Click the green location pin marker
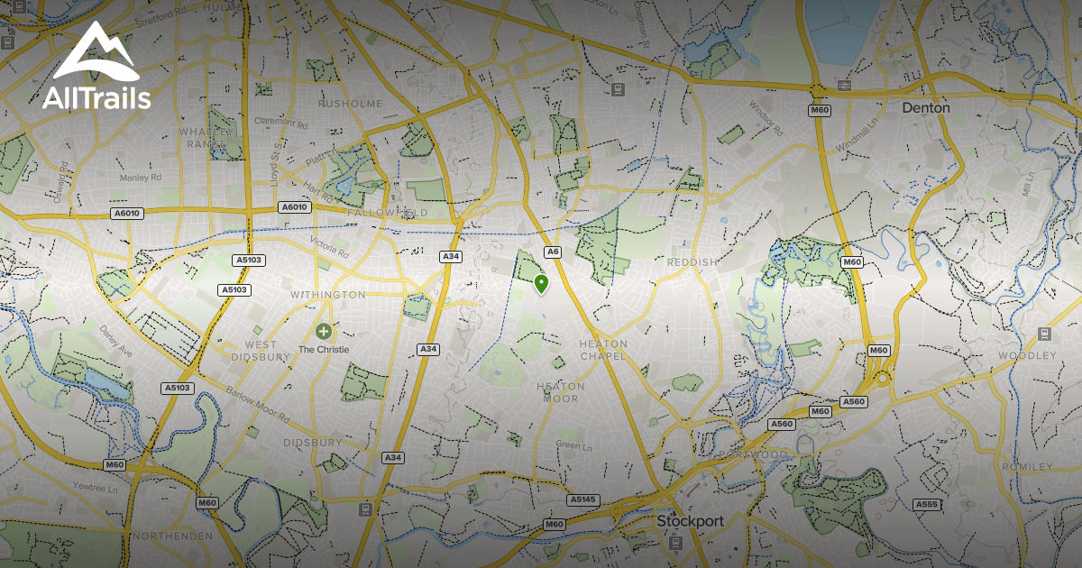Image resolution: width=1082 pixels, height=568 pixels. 541,284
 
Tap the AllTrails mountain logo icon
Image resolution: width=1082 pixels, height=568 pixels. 95,56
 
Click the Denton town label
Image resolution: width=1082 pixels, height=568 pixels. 926,107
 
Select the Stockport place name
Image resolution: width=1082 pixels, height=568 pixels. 690,521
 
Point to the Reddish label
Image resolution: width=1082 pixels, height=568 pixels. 692,262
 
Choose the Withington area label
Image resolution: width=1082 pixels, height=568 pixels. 327,295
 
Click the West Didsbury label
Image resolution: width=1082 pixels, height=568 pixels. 261,351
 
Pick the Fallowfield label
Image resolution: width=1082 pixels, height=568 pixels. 388,213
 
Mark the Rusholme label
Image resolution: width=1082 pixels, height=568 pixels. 350,104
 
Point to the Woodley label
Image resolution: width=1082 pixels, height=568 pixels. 1025,355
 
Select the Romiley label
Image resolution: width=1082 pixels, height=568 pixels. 1026,467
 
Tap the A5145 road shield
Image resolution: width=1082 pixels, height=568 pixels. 582,499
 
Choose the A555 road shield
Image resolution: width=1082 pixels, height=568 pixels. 926,504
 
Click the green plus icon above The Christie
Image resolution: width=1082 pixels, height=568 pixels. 324,332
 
